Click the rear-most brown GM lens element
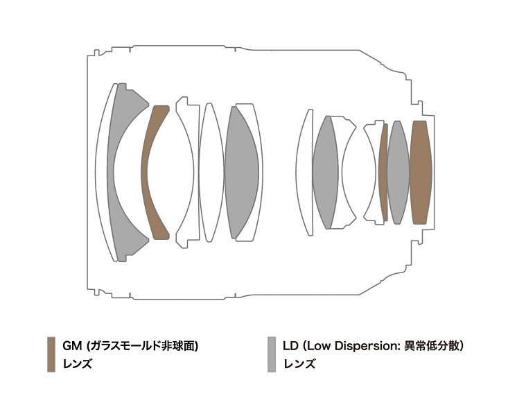tap(421, 172)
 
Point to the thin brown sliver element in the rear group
tap(383, 172)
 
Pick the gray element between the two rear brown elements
tap(398, 172)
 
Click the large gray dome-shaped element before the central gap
tap(241, 172)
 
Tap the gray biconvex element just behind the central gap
tap(326, 172)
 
